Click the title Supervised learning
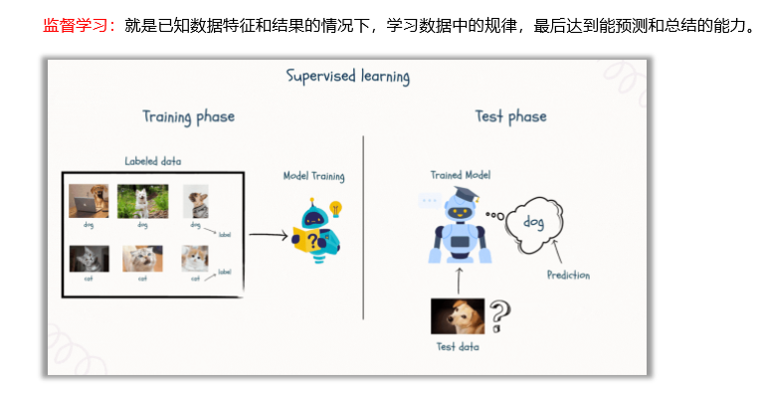tap(347, 76)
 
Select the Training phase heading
tap(188, 116)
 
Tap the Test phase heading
tap(510, 116)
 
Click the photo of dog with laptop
tap(88, 200)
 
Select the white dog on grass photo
tap(142, 200)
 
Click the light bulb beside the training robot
tap(335, 209)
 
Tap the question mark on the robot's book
tap(314, 242)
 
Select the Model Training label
tap(313, 176)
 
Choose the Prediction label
tap(568, 275)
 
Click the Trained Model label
tap(460, 174)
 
